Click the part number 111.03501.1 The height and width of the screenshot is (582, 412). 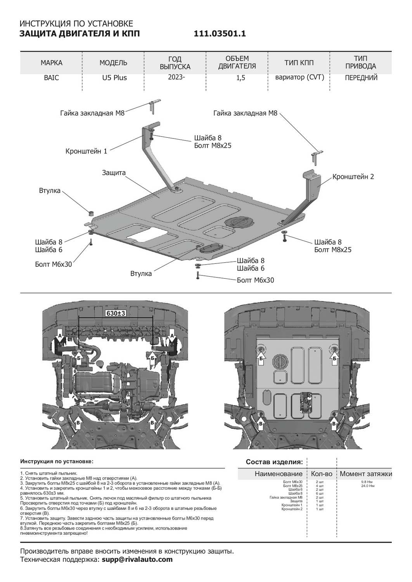click(220, 34)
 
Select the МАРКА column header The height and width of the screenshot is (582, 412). click(51, 63)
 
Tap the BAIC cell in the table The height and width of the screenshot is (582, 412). click(51, 78)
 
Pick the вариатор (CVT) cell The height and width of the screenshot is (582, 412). click(299, 77)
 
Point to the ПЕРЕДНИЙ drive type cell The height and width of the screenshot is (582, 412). click(361, 78)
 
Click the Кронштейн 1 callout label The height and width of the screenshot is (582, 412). click(86, 151)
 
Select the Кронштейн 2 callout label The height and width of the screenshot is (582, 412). click(353, 177)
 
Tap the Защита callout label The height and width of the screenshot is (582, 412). click(114, 173)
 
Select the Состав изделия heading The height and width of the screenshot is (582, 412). click(274, 462)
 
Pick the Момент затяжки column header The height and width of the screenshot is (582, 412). click(365, 474)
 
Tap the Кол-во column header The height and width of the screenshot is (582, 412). click(322, 474)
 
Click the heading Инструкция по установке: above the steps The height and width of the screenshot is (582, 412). click(57, 461)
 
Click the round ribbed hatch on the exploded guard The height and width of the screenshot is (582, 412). click(239, 222)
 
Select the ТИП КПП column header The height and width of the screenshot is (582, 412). click(299, 63)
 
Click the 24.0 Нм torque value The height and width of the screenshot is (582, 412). click(367, 486)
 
